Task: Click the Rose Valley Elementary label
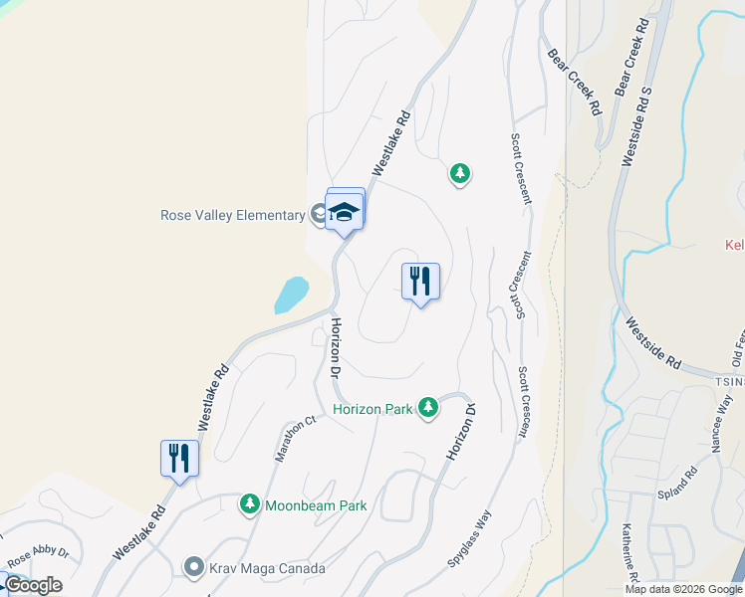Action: pyautogui.click(x=232, y=215)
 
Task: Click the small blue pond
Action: pyautogui.click(x=291, y=296)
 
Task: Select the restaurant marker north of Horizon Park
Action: pyautogui.click(x=420, y=282)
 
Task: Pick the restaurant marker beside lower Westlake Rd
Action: pyautogui.click(x=179, y=459)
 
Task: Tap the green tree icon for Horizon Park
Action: pyautogui.click(x=428, y=407)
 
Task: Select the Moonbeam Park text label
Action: pyautogui.click(x=316, y=505)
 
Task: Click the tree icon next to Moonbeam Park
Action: pyautogui.click(x=249, y=505)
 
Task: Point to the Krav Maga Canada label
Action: pyautogui.click(x=267, y=568)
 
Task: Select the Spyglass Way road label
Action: pyautogui.click(x=469, y=539)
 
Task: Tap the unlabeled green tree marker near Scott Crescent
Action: pyautogui.click(x=459, y=174)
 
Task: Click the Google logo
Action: pyautogui.click(x=33, y=585)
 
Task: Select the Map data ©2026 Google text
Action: pyautogui.click(x=683, y=589)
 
